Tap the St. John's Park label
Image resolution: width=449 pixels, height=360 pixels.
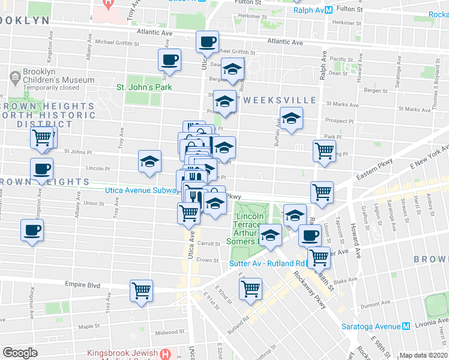(144, 87)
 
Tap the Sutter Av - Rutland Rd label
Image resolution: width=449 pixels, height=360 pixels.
(267, 262)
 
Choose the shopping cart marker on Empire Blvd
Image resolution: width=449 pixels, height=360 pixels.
(142, 291)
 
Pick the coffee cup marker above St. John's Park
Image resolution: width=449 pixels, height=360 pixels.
(169, 59)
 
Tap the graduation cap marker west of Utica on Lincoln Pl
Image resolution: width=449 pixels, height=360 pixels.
(149, 161)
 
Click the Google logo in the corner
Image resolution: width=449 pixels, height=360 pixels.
(20, 353)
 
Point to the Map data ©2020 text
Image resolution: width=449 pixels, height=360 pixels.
(423, 355)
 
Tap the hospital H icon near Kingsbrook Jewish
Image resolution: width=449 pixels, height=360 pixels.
(166, 354)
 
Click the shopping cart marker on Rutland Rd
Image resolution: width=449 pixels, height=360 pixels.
(250, 289)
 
